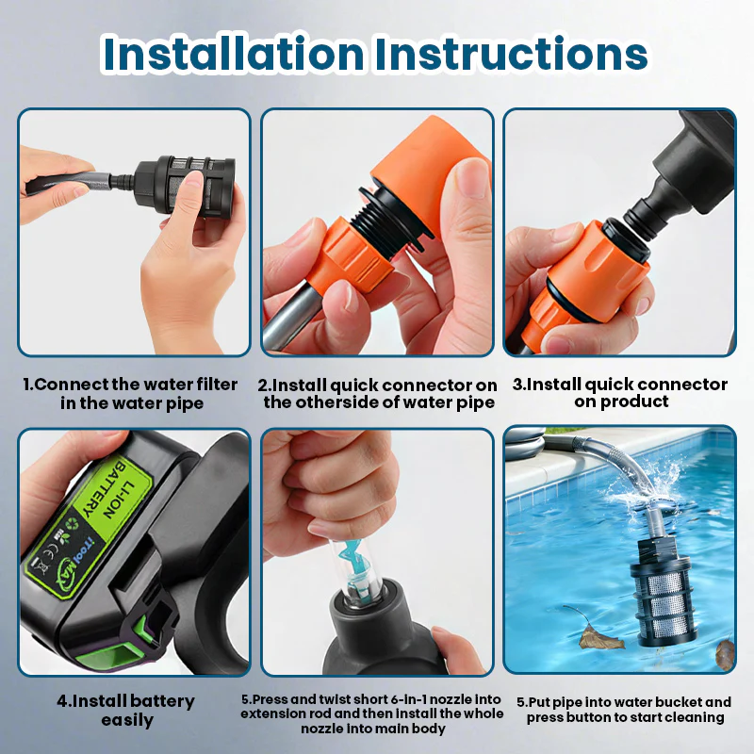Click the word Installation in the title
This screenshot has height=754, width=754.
234,53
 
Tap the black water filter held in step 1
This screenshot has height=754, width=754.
185,184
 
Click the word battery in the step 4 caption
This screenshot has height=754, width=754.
162,701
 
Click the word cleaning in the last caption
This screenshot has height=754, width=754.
697,717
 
